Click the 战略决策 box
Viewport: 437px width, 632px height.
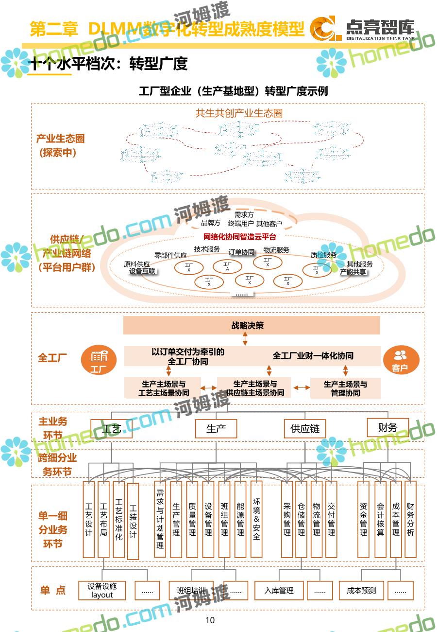(248, 325)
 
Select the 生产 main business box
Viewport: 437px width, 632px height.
(216, 429)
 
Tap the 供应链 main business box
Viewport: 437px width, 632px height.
(305, 429)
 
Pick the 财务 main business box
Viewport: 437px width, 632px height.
(387, 427)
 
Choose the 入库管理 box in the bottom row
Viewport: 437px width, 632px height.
(279, 591)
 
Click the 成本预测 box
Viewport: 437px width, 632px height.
(361, 591)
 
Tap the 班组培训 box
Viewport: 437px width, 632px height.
(191, 591)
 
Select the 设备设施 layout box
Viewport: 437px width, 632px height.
(102, 591)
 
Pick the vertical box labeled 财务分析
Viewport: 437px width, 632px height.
(411, 519)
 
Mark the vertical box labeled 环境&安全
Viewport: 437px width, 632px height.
(256, 519)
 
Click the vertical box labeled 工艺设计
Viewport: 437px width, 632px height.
(89, 519)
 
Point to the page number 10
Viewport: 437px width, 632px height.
(210, 620)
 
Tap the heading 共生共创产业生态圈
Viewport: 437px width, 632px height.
(239, 113)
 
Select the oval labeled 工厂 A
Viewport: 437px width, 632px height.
(227, 266)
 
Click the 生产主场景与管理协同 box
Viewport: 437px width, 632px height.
(345, 388)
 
